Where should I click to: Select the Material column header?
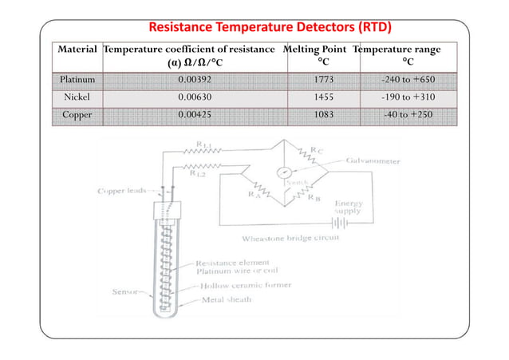coord(78,49)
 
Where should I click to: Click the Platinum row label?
coord(78,79)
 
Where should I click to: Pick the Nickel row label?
coord(78,97)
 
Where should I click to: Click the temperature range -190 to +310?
coord(407,97)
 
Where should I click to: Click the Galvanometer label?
coord(375,160)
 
